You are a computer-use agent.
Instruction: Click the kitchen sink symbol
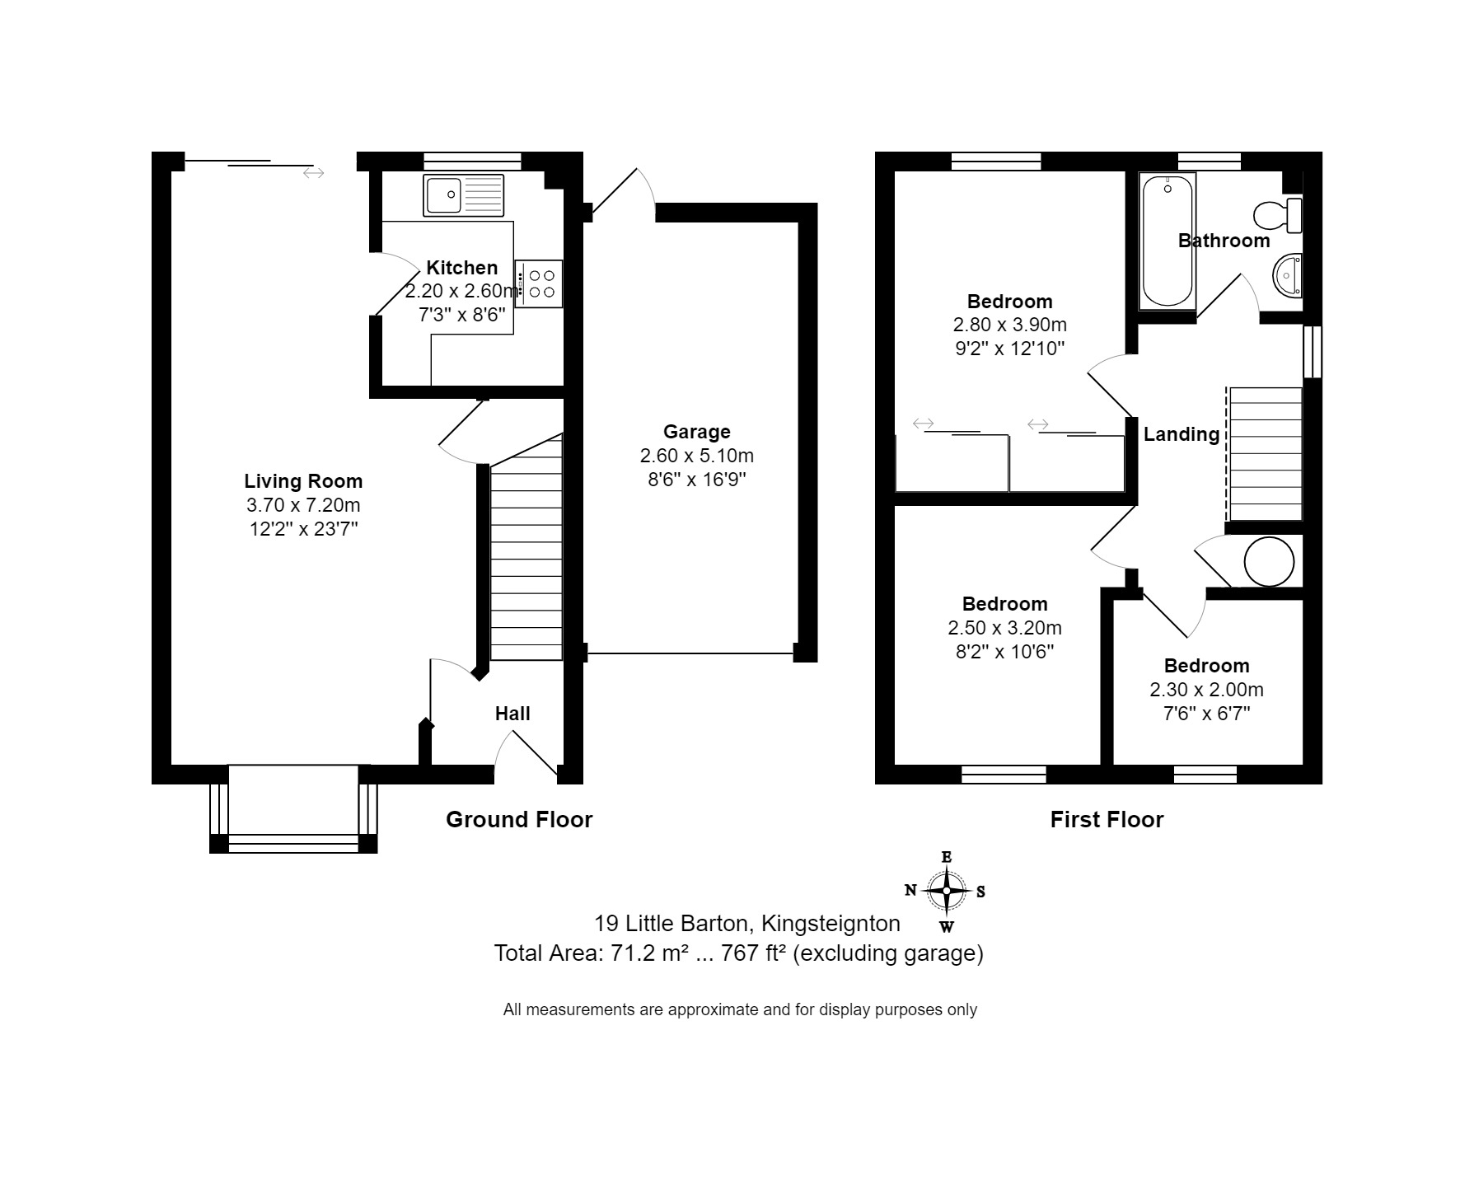tap(462, 195)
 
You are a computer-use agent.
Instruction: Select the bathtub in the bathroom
tap(1167, 241)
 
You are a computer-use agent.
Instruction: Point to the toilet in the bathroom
tap(1277, 215)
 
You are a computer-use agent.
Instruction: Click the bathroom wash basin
tap(1288, 274)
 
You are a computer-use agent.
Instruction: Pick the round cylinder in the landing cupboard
tap(1268, 562)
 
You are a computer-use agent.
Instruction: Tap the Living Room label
tap(303, 481)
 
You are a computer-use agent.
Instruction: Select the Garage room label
tap(696, 432)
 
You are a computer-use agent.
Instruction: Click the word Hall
tap(512, 714)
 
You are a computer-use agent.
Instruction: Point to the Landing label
tap(1181, 434)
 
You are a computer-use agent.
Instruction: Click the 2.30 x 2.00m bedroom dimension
tap(1206, 690)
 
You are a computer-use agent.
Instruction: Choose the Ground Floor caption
tap(519, 819)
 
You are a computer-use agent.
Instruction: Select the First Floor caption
tap(1107, 819)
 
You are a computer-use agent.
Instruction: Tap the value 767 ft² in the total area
tap(752, 953)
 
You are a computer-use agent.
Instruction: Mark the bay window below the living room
tap(293, 808)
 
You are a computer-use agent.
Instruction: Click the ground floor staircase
tap(526, 560)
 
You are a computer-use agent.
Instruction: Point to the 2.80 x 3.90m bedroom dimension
tap(1009, 325)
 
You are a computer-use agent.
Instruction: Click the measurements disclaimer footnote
tap(740, 1009)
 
